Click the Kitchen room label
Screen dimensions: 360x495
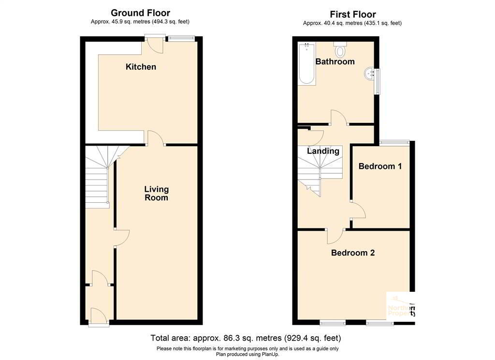tap(141, 67)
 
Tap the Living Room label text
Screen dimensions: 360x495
tap(156, 193)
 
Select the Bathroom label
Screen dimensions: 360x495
tap(335, 61)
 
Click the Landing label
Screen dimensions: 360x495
tap(323, 151)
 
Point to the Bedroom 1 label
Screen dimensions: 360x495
tap(380, 166)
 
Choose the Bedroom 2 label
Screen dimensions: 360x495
tap(353, 253)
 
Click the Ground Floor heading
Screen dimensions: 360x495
tap(140, 13)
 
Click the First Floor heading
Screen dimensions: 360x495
tap(352, 15)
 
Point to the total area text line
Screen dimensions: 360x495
tap(246, 338)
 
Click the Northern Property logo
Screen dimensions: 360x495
tap(401, 305)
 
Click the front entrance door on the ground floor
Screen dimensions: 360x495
tap(99, 316)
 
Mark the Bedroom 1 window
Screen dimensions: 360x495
tap(394, 142)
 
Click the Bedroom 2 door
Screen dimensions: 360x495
tap(335, 235)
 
